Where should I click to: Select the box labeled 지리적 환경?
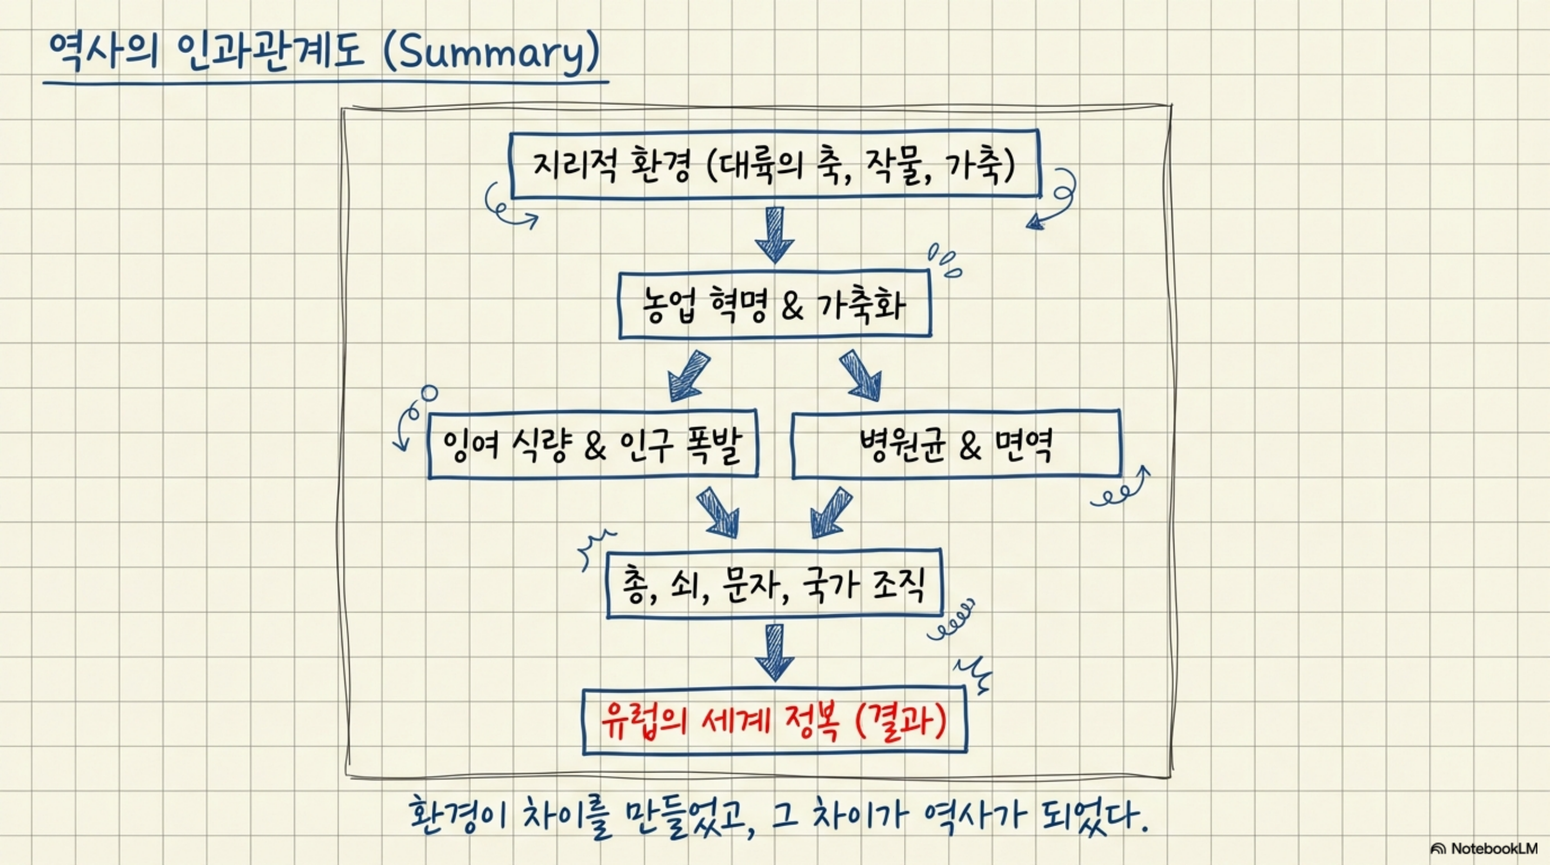pos(775,164)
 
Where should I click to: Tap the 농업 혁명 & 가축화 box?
pos(775,305)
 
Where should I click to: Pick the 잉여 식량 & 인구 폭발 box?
pos(593,445)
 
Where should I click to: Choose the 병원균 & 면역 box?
pos(956,445)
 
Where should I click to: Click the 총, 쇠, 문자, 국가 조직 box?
pos(774,584)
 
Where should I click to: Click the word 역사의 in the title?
pos(102,53)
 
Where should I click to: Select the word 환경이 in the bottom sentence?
pos(458,817)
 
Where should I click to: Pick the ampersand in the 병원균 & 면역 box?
pos(969,447)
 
